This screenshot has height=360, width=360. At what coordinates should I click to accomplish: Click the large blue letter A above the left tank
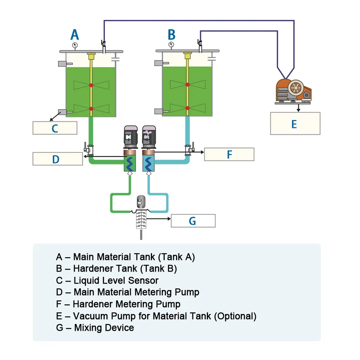75,35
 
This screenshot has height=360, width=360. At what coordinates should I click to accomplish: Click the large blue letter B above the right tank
171,35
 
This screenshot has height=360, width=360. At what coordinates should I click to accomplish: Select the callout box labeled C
55,128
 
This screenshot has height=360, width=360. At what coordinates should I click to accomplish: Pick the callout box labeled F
229,154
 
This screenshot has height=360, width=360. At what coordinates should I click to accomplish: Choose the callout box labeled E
295,123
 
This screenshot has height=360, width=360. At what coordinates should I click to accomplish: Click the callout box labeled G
193,221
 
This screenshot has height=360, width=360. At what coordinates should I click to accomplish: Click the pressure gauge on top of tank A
75,45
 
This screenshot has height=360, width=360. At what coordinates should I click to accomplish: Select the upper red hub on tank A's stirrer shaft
91,85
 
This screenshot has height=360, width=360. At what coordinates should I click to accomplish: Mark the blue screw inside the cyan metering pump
148,163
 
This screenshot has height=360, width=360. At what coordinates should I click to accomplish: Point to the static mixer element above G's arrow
140,219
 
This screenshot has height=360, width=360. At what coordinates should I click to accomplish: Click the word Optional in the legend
235,316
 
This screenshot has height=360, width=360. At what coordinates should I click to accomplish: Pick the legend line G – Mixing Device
95,328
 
